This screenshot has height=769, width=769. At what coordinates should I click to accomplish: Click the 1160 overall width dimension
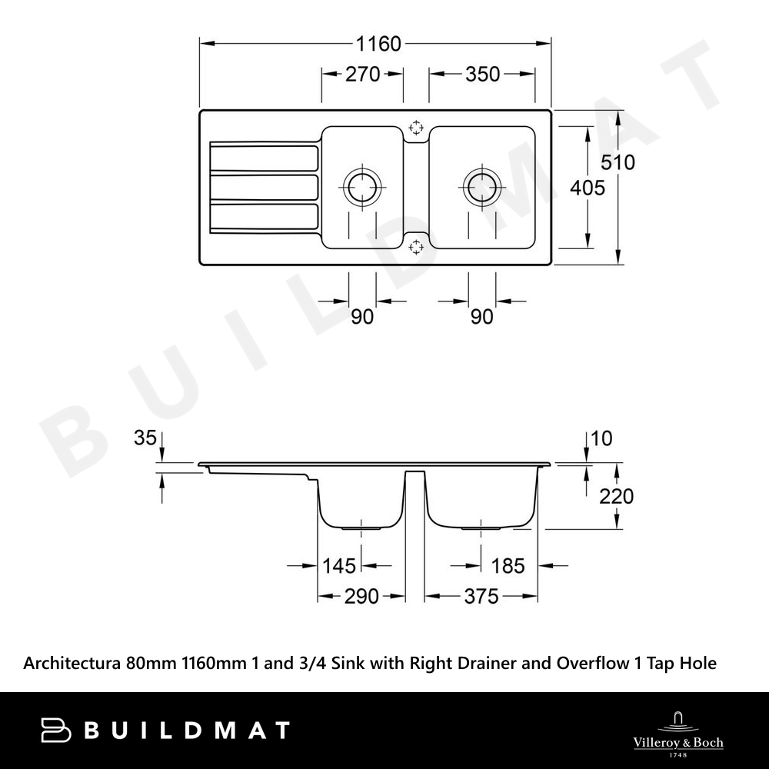coord(378,44)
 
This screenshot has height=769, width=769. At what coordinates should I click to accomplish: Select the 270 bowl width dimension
coord(362,75)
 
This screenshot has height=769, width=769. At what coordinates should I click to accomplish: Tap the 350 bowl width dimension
coord(482,75)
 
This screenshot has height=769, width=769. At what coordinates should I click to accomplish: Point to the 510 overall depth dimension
coord(618,162)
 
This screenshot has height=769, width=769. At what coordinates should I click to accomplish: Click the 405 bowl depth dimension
coord(587,188)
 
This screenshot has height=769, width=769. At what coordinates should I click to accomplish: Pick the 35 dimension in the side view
coord(145,438)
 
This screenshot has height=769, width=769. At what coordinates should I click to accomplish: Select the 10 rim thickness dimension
coord(601,438)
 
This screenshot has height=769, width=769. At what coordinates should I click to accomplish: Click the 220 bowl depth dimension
coord(617,496)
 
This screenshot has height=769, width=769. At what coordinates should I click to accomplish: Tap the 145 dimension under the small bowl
coord(338,566)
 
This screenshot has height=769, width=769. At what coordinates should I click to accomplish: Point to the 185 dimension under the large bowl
coord(508,566)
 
